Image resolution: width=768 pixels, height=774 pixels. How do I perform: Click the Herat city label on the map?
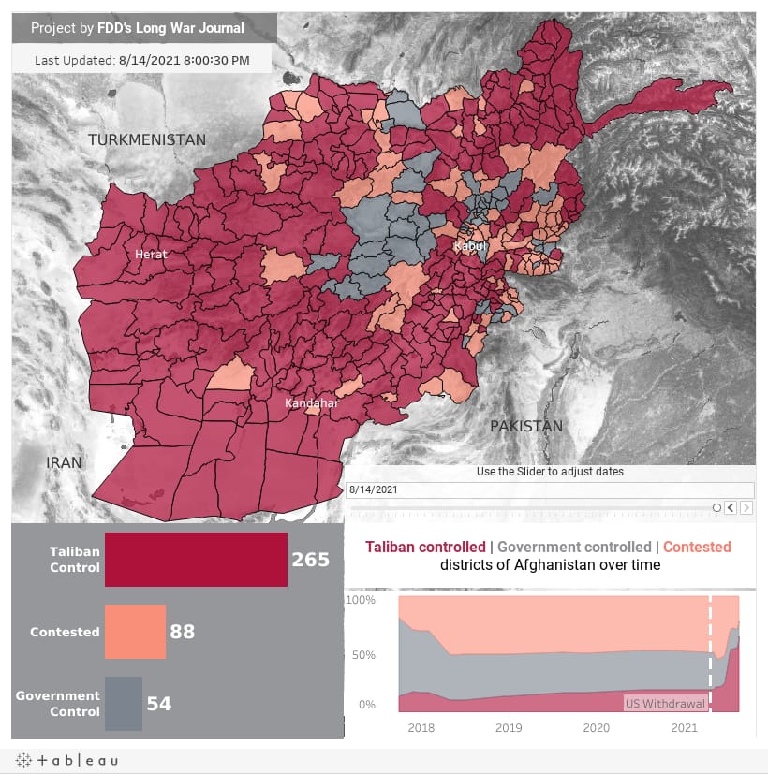point(150,254)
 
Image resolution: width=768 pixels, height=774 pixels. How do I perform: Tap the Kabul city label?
point(469,246)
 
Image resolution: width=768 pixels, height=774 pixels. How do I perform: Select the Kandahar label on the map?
point(312,403)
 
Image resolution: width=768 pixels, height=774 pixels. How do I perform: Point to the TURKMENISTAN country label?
point(147,139)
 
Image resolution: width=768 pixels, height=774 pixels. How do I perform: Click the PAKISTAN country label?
point(526,426)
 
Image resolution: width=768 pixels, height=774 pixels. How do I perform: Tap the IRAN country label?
point(65,462)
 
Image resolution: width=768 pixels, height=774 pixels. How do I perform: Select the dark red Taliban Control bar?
point(196,560)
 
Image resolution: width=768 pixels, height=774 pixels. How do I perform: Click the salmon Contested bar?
point(135,632)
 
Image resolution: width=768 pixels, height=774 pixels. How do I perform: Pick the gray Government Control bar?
point(123,704)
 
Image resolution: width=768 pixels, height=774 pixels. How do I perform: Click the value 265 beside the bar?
point(310,560)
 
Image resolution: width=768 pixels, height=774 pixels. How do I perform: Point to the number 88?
point(182,632)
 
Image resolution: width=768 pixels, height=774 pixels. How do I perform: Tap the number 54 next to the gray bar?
point(159,704)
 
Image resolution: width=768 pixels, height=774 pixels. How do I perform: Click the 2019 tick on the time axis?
point(508,727)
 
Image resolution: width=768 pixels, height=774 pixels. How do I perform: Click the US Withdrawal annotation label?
point(664,704)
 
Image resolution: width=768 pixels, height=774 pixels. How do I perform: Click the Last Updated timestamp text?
point(141,60)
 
